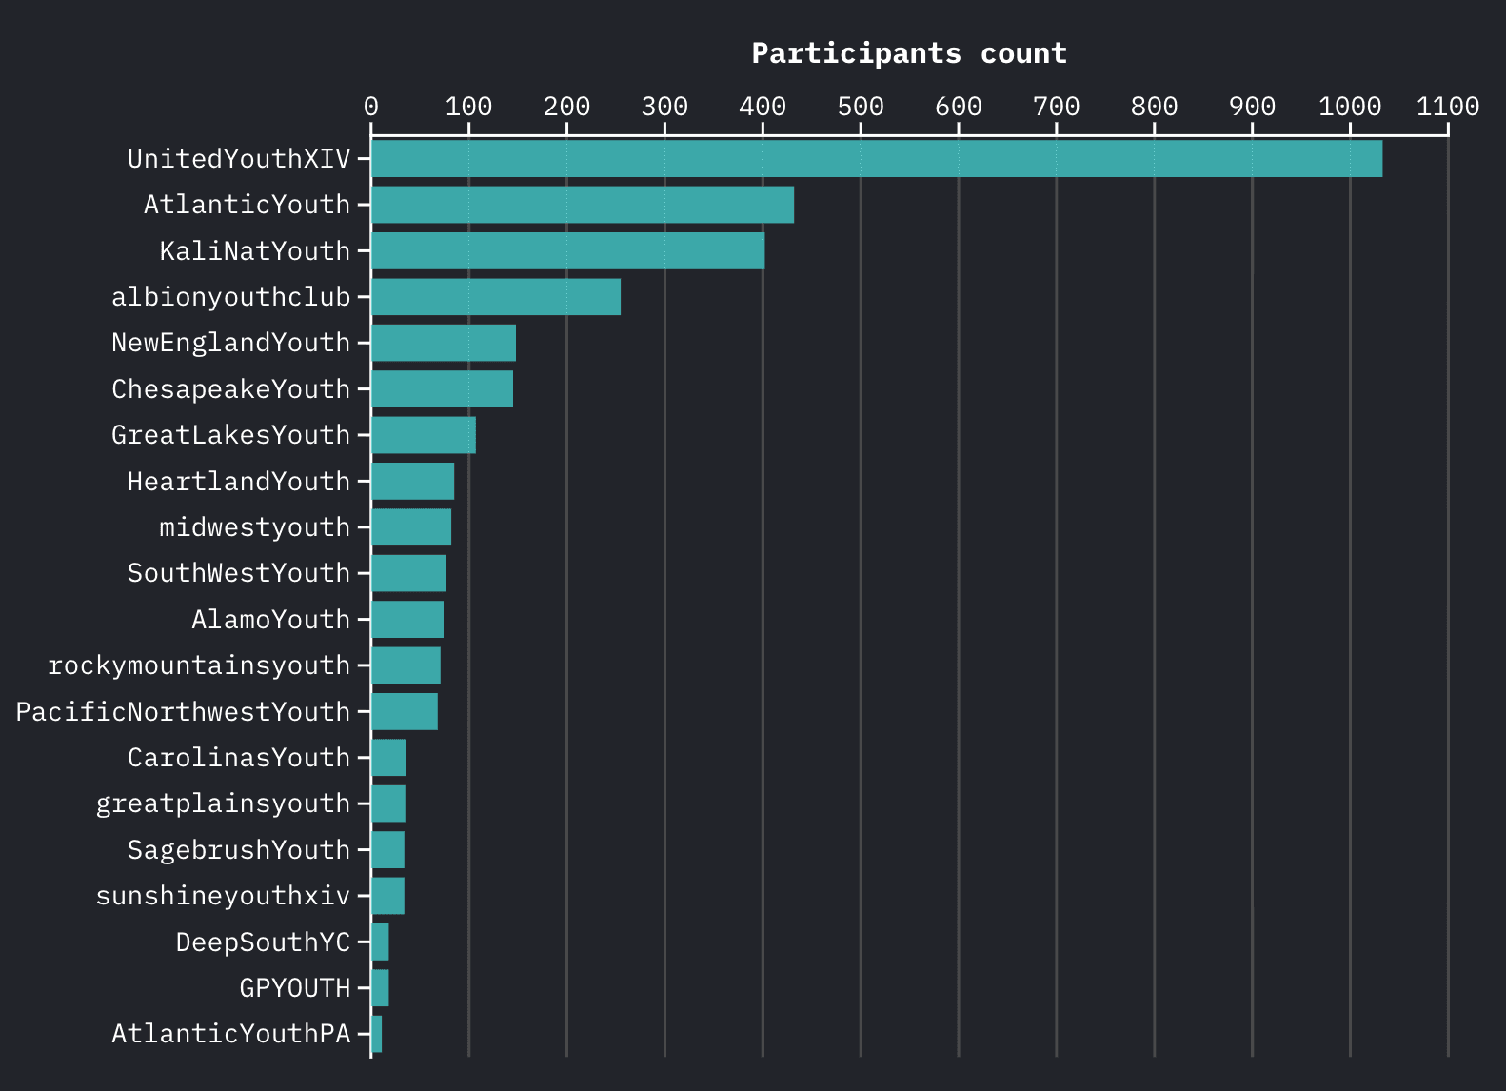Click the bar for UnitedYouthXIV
pos(876,158)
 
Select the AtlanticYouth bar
pos(582,205)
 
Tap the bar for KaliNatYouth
pos(567,250)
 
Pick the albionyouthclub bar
pos(495,297)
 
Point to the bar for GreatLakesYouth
pos(423,435)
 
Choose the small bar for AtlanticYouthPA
pos(377,1034)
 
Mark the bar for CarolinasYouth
pos(388,758)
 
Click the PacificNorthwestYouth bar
pos(405,711)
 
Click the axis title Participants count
pos(909,53)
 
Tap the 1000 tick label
pos(1349,106)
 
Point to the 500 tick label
pos(860,106)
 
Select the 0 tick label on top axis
pos(370,106)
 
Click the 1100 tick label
pos(1447,106)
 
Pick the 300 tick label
pos(664,106)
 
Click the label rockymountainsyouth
pos(199,665)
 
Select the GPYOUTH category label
pos(294,988)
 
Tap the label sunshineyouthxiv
pos(223,896)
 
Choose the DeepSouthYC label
pos(263,942)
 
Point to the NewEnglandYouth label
pos(230,343)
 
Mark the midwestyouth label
pos(254,527)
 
